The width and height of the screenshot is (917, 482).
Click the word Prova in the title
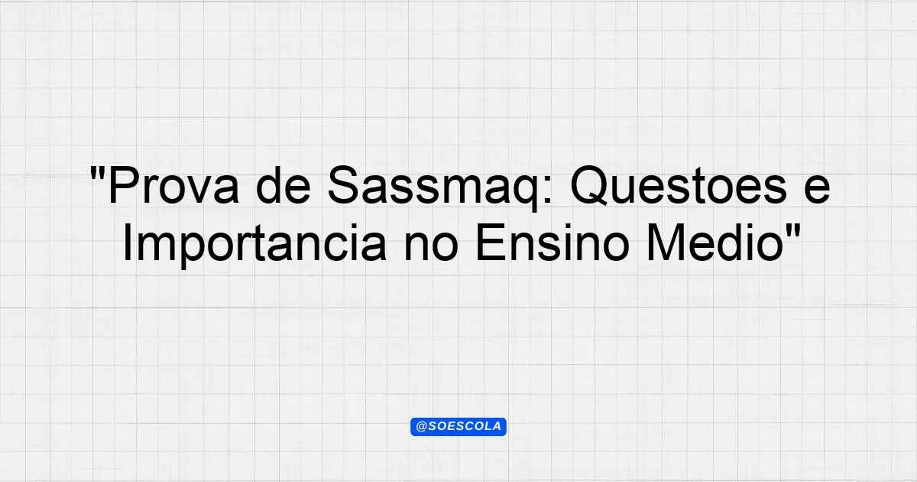tap(173, 185)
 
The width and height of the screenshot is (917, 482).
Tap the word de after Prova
tap(283, 185)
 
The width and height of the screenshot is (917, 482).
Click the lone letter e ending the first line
tap(817, 190)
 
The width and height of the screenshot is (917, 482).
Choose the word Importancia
tap(254, 244)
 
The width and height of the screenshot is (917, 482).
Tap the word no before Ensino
tap(430, 247)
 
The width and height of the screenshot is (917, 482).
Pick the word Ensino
tap(552, 243)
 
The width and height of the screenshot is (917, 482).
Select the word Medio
tap(714, 243)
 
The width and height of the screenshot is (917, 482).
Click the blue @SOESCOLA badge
tap(458, 427)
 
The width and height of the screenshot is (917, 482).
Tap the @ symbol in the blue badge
tap(421, 427)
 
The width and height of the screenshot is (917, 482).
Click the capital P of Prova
tap(124, 185)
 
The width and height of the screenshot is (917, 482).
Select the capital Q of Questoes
tap(590, 186)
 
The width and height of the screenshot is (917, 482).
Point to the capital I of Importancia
tap(127, 243)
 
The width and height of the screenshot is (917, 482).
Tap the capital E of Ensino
tap(491, 243)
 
